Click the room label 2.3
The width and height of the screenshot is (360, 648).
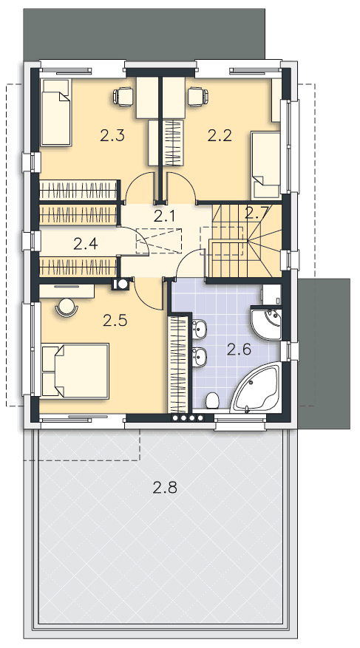[x=112, y=135]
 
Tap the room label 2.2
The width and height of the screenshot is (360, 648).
[x=220, y=135]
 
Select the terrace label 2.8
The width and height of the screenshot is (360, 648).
[x=165, y=488]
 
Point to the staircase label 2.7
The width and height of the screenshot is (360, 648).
[x=257, y=213]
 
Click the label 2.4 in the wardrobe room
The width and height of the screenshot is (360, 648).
[x=86, y=244]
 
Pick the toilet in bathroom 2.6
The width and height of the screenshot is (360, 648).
[x=212, y=400]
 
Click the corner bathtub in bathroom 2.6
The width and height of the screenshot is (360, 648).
[x=256, y=387]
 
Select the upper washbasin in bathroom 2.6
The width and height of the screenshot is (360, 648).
[x=199, y=329]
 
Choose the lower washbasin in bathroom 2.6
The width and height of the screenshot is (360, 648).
[x=199, y=356]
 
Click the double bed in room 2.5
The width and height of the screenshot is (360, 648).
[x=75, y=371]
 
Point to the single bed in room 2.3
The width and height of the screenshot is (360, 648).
[x=56, y=112]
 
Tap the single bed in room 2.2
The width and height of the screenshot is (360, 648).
[x=266, y=165]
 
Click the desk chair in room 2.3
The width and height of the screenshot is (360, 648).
[x=123, y=96]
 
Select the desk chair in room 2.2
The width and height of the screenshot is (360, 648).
[x=197, y=96]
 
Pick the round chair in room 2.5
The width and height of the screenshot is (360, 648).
[x=66, y=307]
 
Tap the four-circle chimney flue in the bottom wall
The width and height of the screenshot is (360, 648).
[x=188, y=417]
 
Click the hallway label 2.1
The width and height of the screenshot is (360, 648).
[x=165, y=216]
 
